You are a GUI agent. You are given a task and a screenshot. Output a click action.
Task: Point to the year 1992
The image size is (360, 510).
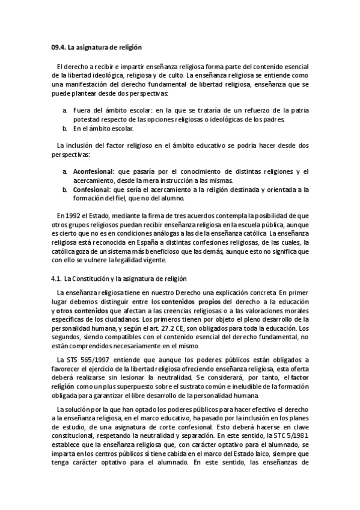point(75,215)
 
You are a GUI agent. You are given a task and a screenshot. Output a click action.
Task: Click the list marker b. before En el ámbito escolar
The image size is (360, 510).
point(64,129)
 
